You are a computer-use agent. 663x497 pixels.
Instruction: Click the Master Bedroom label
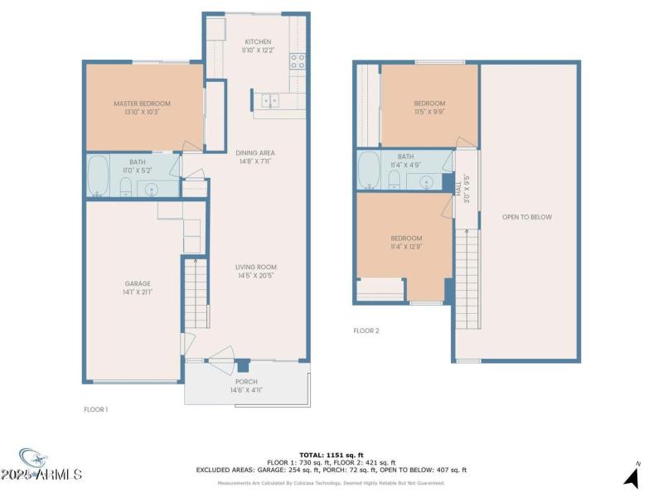tap(142, 104)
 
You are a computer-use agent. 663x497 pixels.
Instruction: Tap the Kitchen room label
tap(257, 42)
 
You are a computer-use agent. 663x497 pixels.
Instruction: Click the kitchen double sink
tap(270, 101)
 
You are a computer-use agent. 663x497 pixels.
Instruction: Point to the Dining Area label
tap(255, 152)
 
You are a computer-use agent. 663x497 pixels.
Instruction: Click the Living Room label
tap(254, 266)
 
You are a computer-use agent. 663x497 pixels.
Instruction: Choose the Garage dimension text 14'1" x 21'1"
tap(138, 292)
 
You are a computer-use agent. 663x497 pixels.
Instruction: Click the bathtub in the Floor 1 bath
tap(99, 175)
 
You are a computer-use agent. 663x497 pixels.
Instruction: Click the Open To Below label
tap(526, 218)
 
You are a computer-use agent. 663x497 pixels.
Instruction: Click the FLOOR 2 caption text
tap(365, 331)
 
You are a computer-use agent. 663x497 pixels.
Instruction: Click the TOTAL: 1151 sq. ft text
tap(331, 455)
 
